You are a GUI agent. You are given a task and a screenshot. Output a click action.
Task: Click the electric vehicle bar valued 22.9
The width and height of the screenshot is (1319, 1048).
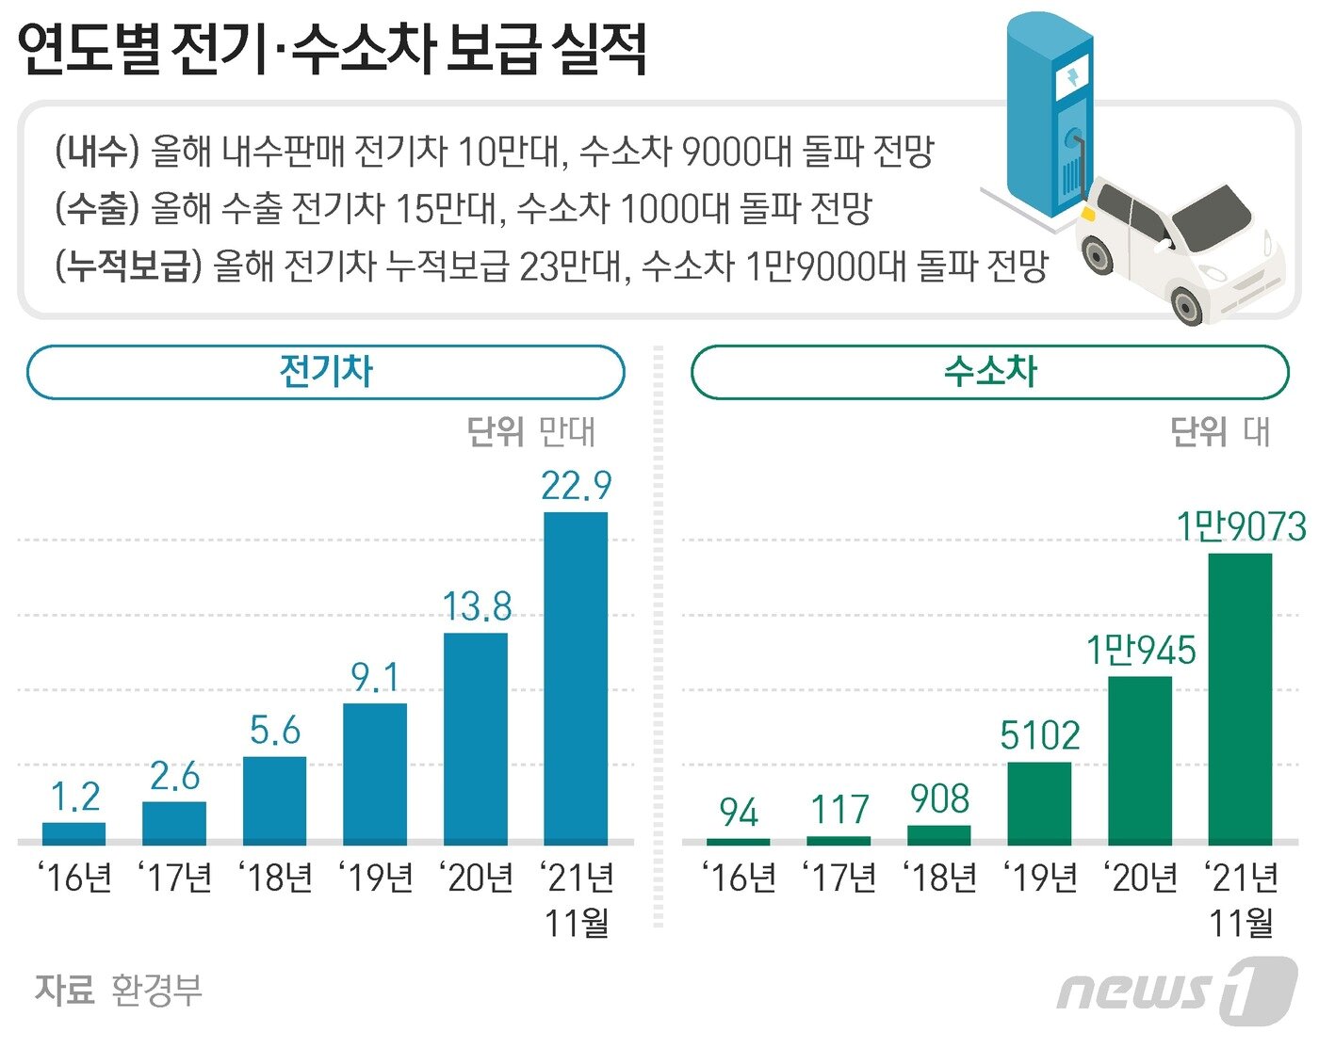tap(576, 678)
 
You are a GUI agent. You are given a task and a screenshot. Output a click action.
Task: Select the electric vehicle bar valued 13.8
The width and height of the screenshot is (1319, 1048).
tap(476, 738)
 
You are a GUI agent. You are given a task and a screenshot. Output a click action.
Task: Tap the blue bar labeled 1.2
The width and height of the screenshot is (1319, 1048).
tap(74, 833)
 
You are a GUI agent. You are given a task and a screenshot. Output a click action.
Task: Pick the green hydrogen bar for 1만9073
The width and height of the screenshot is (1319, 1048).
tap(1240, 699)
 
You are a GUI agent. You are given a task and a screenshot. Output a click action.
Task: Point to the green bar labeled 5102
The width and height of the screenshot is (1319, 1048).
tap(1039, 803)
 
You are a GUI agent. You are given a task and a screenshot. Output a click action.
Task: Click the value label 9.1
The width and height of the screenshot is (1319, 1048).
tap(375, 677)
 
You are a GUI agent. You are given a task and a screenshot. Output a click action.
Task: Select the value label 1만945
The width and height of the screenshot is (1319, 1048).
tap(1141, 650)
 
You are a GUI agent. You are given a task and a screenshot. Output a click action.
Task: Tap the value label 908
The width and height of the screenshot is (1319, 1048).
tap(939, 799)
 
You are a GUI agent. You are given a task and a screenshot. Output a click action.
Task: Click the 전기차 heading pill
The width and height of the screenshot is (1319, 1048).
tap(326, 372)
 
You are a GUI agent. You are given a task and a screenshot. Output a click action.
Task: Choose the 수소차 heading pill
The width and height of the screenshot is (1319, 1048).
tap(990, 372)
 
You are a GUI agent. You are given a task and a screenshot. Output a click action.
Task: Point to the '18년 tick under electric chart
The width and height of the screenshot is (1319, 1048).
tap(275, 878)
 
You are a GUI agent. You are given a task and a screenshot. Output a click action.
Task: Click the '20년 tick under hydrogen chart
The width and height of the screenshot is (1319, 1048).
tap(1141, 878)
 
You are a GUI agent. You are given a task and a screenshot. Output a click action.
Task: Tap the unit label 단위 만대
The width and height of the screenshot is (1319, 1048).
tap(531, 432)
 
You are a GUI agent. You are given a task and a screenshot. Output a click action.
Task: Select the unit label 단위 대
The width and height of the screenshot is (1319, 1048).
tap(1220, 432)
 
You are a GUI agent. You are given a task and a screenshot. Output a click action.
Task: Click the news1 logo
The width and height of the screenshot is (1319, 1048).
tap(1177, 992)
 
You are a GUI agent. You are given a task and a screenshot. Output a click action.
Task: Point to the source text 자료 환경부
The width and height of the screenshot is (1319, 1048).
tap(119, 990)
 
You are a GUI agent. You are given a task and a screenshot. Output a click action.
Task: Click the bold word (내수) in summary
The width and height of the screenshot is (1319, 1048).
tap(97, 151)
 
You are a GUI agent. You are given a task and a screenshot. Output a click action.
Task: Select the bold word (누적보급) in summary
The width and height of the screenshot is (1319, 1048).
tap(128, 266)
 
